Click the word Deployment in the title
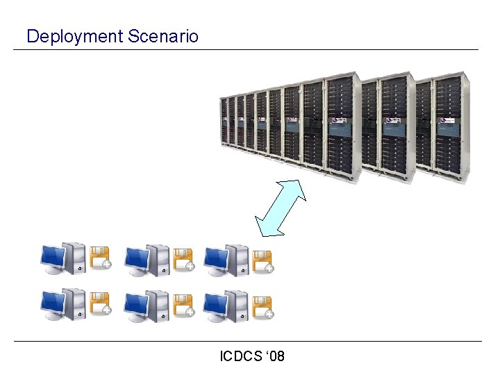pyautogui.click(x=74, y=37)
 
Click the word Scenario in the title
pyautogui.click(x=163, y=36)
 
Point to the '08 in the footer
pyautogui.click(x=276, y=357)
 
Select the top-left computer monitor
pyautogui.click(x=52, y=258)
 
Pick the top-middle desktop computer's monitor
pyautogui.click(x=135, y=258)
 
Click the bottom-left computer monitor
pyautogui.click(x=52, y=303)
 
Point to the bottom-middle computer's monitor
pyautogui.click(x=135, y=303)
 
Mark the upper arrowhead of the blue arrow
pyautogui.click(x=297, y=187)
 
